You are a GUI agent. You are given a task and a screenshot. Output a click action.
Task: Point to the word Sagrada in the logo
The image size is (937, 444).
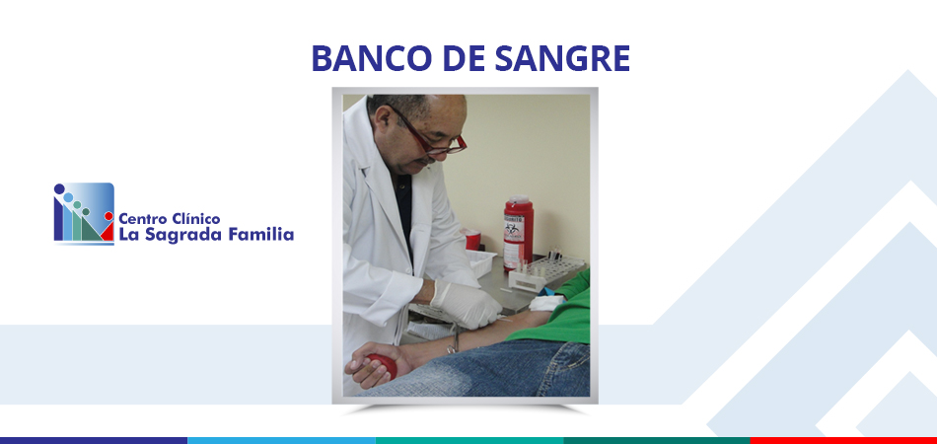179,235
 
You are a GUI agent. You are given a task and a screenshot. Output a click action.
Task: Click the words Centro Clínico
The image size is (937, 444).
169,219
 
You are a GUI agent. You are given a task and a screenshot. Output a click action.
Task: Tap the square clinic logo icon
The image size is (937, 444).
84,213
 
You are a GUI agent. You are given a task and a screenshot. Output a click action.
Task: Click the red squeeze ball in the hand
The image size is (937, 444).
383,365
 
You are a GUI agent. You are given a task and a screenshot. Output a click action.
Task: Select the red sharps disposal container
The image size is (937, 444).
518,233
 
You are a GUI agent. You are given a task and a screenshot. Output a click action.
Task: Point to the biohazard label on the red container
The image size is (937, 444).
513,230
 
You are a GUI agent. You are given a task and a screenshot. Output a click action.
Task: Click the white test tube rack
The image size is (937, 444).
545,272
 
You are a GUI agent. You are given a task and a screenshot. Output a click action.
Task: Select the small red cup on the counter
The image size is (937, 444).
472,240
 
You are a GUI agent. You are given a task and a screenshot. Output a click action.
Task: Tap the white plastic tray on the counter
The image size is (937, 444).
481,262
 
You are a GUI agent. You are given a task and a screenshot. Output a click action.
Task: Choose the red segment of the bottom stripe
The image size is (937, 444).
843,440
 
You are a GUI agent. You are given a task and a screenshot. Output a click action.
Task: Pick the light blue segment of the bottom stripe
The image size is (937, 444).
281,440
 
